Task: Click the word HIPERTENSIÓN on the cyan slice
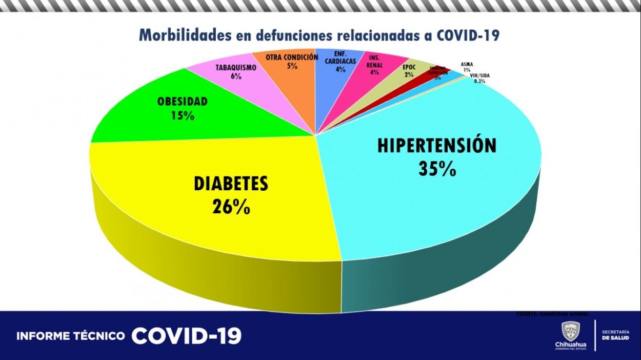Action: tap(437, 145)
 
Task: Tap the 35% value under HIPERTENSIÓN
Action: tap(437, 169)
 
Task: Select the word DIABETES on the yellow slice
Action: tap(231, 184)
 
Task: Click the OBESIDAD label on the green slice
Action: tap(183, 102)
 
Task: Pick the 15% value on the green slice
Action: tap(183, 115)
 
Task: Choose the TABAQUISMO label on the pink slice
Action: tap(236, 68)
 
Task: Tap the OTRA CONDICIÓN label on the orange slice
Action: tap(292, 57)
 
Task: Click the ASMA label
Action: tap(467, 65)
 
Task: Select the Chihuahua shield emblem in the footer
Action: tap(571, 331)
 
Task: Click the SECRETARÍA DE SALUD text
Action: tap(613, 335)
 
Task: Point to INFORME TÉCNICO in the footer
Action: tap(71, 336)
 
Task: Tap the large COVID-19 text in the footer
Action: tap(186, 336)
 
